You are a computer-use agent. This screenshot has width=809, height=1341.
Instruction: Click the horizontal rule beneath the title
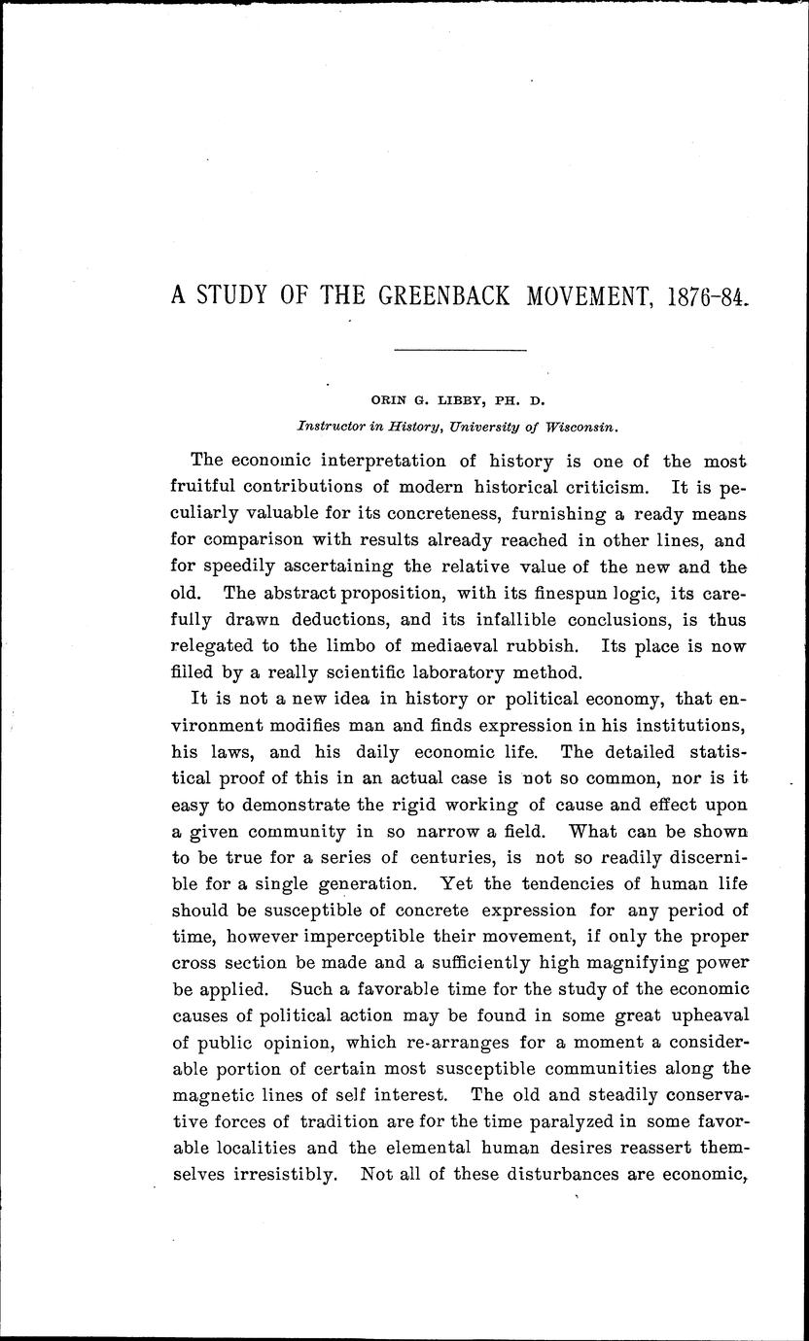point(462,349)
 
